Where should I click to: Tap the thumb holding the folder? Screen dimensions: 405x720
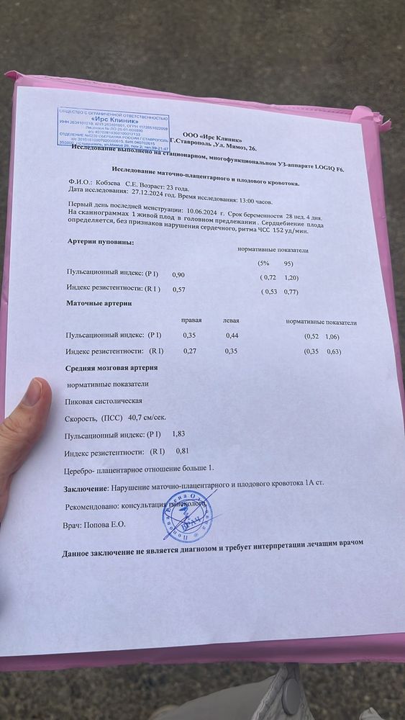coord(27,403)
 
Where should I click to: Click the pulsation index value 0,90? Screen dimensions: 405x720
coord(178,274)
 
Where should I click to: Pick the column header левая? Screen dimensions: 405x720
coord(232,320)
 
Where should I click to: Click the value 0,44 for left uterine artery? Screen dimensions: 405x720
coord(232,336)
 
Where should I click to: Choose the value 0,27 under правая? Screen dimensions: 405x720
coord(190,351)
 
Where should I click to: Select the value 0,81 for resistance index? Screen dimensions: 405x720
coord(183,451)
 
